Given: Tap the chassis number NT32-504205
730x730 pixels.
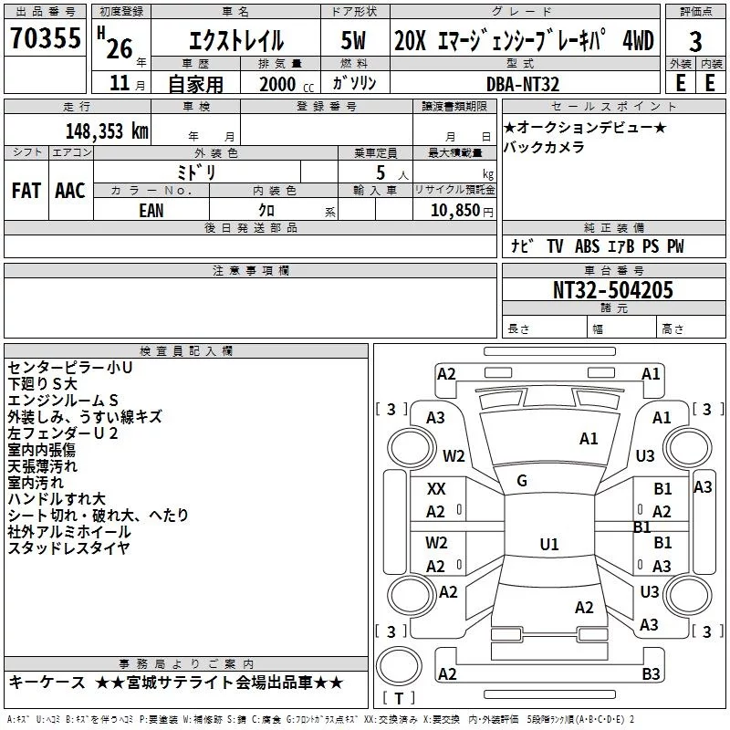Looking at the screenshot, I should [613, 291].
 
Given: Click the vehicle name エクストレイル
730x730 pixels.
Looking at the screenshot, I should [235, 41].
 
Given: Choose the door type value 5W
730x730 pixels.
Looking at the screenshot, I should [354, 41].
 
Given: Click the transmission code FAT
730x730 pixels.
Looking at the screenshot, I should [26, 191].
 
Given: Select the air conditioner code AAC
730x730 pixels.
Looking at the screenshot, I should [70, 191].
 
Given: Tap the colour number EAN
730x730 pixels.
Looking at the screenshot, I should [151, 211].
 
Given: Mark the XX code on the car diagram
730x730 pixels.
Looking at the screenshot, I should [436, 489].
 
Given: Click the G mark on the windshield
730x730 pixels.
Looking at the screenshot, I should [522, 481].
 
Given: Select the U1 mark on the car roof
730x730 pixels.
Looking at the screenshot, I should [548, 545].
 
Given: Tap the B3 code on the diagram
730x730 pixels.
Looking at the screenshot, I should [651, 673].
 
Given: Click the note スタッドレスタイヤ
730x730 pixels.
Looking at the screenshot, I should [69, 548].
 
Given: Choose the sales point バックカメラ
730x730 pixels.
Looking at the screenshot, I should [544, 147].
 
